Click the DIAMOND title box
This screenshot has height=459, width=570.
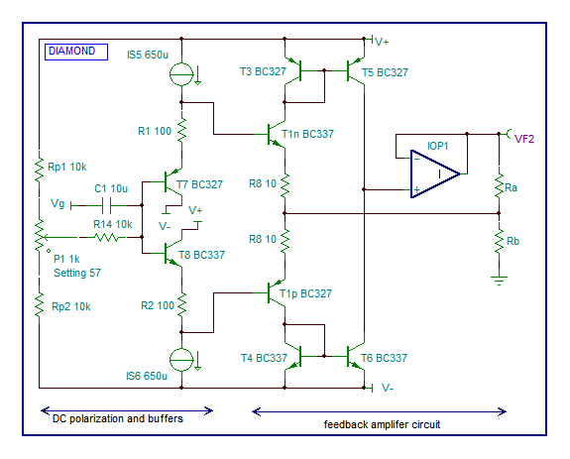coord(76,52)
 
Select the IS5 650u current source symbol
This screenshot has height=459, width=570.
coord(181,74)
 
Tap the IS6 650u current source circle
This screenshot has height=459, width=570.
coord(181,360)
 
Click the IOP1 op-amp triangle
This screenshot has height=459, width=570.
coord(435,173)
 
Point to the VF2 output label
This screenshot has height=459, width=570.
coord(524,139)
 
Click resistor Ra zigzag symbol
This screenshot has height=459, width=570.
coord(499,187)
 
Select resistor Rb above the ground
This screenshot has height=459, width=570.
coord(499,241)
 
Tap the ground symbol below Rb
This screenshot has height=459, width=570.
coord(499,281)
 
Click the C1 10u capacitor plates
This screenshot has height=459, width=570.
coord(106,205)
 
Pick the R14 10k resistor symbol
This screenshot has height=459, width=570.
coord(106,237)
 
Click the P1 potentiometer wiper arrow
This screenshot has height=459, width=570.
coord(60,237)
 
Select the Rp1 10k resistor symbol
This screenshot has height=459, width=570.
coord(39,170)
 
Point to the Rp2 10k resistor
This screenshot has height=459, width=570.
coord(39,306)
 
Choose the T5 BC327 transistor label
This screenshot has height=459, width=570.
coord(385,72)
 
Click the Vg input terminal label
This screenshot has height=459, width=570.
coord(57,203)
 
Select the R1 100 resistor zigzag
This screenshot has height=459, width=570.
coord(181,130)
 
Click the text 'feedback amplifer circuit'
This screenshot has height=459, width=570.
coord(382,424)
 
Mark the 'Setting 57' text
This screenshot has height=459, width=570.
coord(77,273)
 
